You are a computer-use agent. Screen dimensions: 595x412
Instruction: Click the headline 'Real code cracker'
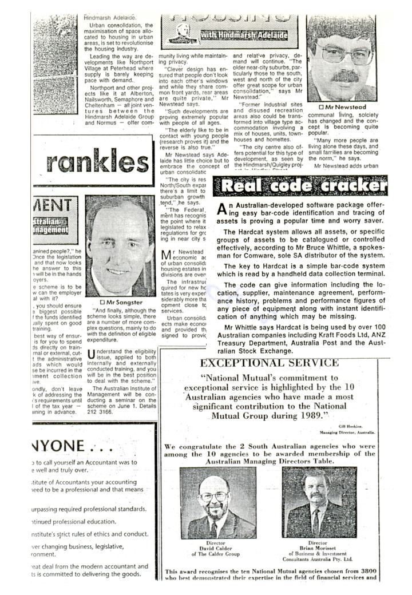pos(303,185)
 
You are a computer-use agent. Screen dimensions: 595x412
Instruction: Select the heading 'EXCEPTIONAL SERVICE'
pos(269,363)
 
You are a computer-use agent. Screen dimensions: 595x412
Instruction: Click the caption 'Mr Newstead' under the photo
pos(343,107)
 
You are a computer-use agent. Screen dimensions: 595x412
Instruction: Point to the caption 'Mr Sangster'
pos(121,302)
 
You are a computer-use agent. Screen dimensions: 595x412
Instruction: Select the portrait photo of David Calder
pos(218,503)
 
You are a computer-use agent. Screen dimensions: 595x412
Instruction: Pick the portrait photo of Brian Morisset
pos(318,503)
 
